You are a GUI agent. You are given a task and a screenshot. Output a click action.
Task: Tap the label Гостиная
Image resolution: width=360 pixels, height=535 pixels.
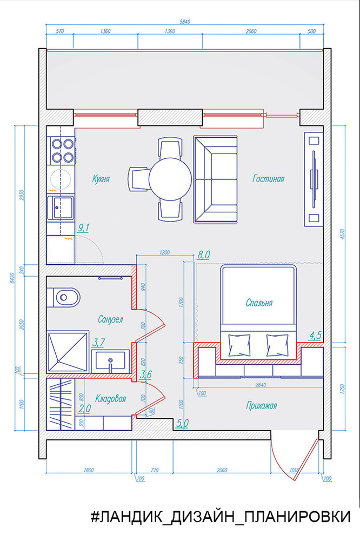pyautogui.click(x=268, y=178)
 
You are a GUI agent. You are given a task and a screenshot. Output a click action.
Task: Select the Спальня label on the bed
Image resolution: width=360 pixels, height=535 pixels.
pyautogui.click(x=259, y=303)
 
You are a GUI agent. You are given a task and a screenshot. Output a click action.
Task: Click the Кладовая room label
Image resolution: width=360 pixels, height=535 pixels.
pyautogui.click(x=111, y=399)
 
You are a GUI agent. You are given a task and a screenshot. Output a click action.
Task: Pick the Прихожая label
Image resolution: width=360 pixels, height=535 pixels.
pyautogui.click(x=261, y=405)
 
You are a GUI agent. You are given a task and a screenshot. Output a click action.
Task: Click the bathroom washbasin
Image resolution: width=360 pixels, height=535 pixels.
pyautogui.click(x=111, y=360)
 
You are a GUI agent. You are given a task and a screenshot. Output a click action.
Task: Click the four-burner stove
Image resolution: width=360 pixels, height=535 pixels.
pyautogui.click(x=62, y=150)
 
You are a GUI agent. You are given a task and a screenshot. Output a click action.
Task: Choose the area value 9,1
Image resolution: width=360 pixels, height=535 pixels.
pyautogui.click(x=84, y=228)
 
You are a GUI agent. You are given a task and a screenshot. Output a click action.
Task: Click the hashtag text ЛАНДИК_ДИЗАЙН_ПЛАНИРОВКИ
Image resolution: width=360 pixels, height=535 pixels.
pyautogui.click(x=221, y=516)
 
